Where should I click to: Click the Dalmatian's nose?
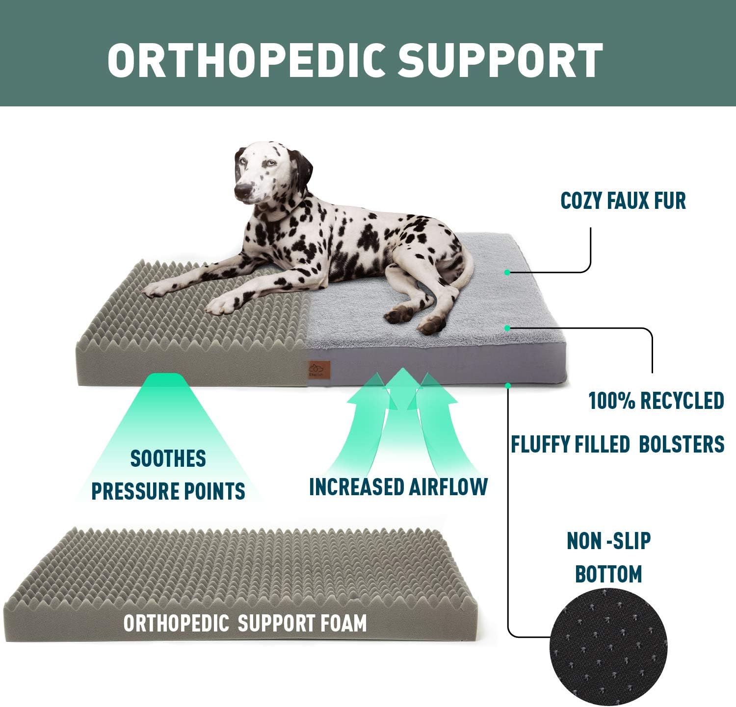click(x=242, y=191)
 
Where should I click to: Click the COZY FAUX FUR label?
click(x=623, y=201)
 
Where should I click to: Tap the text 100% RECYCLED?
click(x=656, y=401)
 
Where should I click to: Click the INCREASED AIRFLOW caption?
click(x=398, y=487)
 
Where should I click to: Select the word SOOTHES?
click(x=168, y=459)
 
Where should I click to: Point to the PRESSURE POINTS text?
click(x=168, y=491)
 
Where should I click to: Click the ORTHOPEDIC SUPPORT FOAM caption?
click(x=245, y=623)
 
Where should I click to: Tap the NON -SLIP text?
click(x=608, y=541)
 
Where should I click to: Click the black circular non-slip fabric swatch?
click(x=608, y=647)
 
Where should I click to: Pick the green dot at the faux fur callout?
click(x=507, y=272)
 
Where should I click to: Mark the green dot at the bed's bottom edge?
click(x=508, y=386)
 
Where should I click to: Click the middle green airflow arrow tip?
click(x=403, y=375)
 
